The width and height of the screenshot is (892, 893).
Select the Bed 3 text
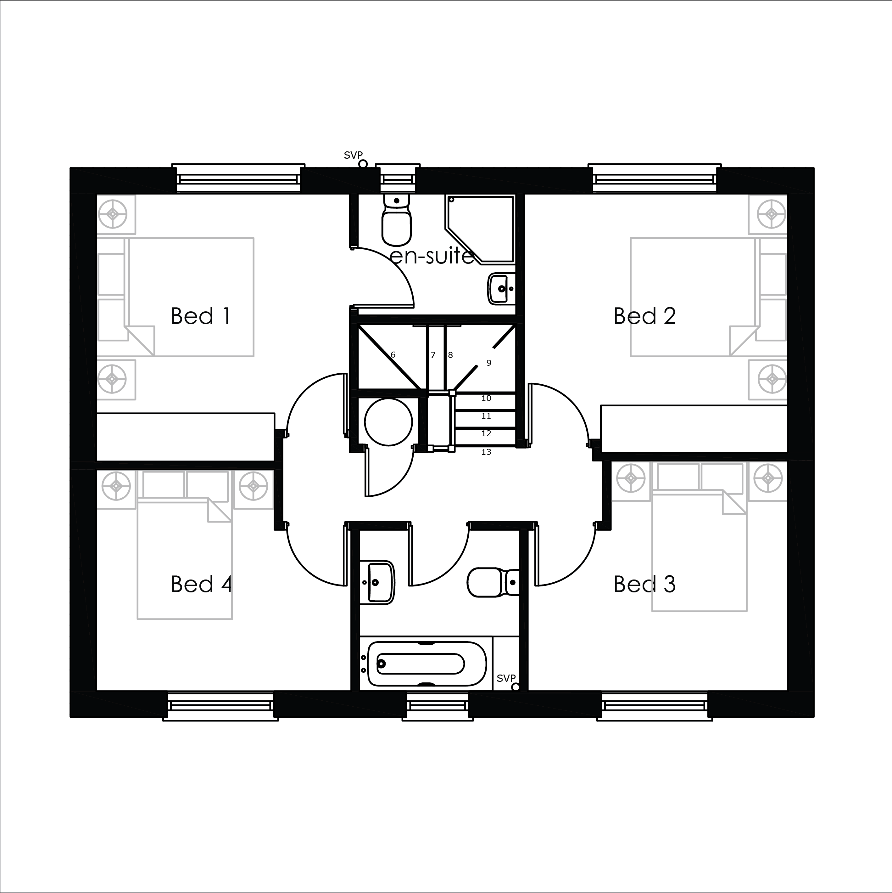pyautogui.click(x=644, y=584)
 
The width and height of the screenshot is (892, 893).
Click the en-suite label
pyautogui.click(x=432, y=256)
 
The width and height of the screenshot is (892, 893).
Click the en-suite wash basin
pyautogui.click(x=502, y=289)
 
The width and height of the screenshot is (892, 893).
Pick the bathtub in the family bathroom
pyautogui.click(x=427, y=664)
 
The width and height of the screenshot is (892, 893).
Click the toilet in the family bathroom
pyautogui.click(x=493, y=582)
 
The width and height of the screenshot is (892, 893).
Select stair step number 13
pyautogui.click(x=486, y=452)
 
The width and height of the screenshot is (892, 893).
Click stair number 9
pyautogui.click(x=489, y=363)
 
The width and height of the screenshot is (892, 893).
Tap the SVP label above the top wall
pyautogui.click(x=353, y=155)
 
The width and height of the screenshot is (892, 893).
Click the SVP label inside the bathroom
pyautogui.click(x=506, y=678)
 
